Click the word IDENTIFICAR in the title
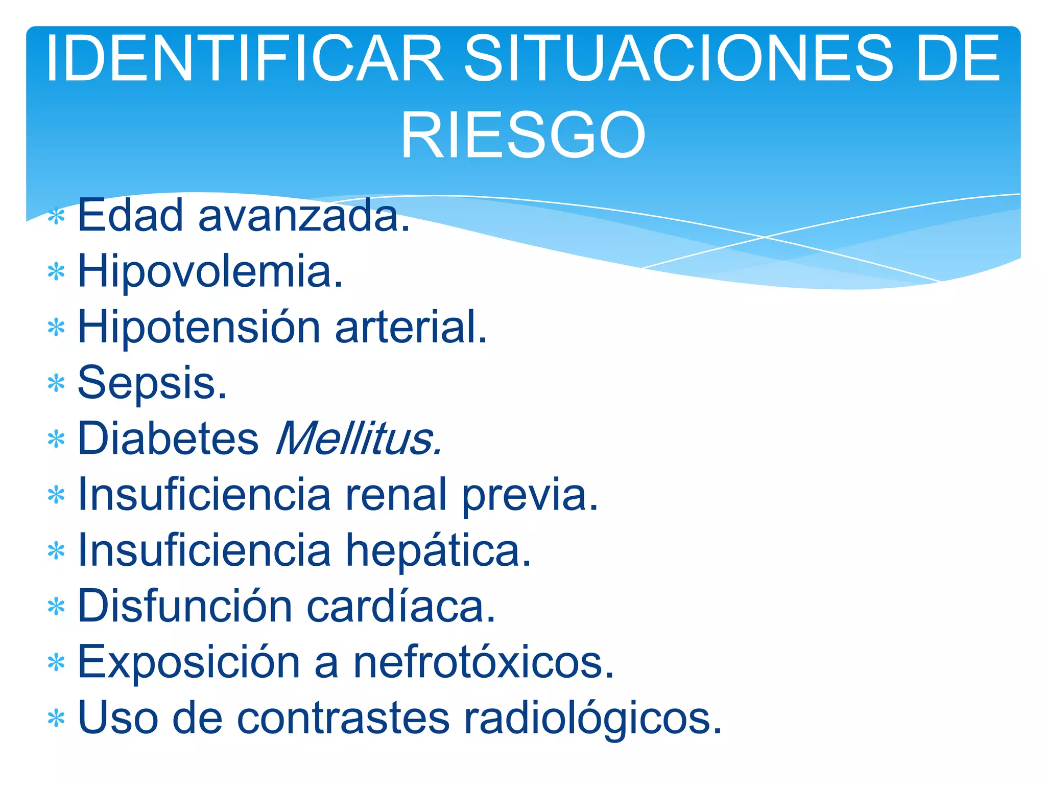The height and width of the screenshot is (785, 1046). click(x=245, y=58)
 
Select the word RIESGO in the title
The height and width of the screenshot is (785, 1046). click(x=523, y=136)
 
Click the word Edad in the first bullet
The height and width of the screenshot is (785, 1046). click(x=130, y=216)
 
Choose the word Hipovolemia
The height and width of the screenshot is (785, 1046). click(x=210, y=272)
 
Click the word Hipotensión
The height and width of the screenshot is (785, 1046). click(x=199, y=328)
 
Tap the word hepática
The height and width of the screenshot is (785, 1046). click(x=439, y=550)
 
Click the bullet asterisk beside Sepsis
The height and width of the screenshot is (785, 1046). click(x=56, y=383)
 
